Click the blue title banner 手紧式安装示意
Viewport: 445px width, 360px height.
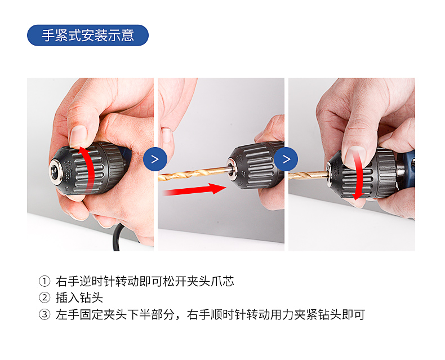(x=88, y=35)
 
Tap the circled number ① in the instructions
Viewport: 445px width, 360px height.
(x=44, y=281)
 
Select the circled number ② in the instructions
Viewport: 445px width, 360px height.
(x=44, y=298)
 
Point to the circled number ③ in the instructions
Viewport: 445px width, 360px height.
(x=44, y=314)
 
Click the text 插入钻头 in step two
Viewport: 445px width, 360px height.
(x=79, y=298)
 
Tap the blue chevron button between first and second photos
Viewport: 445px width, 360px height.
(x=155, y=159)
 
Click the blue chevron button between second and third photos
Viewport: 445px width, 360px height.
(x=286, y=159)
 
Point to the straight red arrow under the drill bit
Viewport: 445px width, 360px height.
(x=194, y=189)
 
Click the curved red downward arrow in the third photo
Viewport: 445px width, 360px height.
(x=359, y=175)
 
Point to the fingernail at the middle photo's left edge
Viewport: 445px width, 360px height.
(x=166, y=135)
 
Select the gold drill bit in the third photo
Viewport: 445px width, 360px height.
(x=309, y=175)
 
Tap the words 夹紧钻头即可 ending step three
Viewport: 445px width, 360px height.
(x=330, y=314)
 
